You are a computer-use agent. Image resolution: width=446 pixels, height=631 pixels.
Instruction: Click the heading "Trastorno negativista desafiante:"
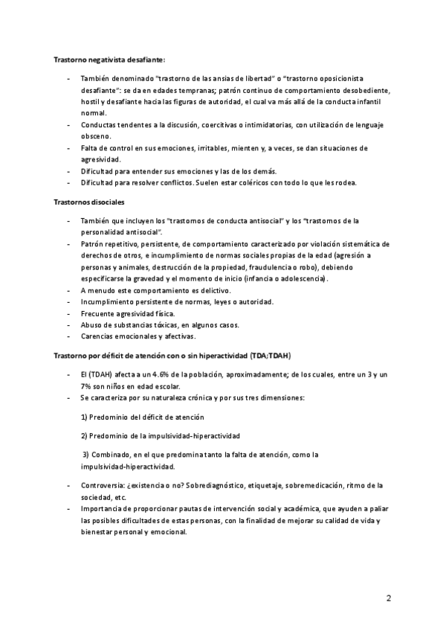click(x=109, y=59)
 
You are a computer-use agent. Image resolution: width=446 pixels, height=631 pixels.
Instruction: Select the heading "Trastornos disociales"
click(x=89, y=202)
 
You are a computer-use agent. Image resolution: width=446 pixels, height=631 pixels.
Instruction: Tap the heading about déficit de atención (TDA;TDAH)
click(x=172, y=355)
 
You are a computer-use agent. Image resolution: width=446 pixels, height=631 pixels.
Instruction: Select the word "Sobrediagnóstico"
click(x=213, y=484)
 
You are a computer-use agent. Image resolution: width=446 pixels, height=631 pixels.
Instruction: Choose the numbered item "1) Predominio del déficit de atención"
click(x=142, y=417)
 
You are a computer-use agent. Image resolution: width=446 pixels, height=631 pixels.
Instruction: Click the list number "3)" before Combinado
click(x=86, y=454)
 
